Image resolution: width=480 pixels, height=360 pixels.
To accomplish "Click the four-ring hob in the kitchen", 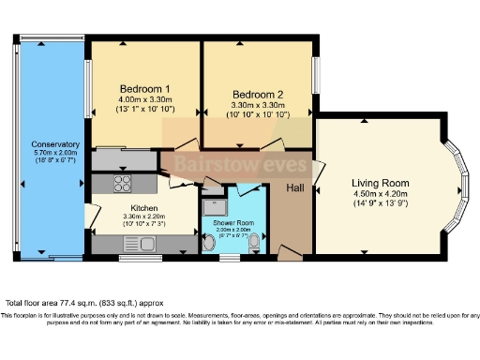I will [123, 182].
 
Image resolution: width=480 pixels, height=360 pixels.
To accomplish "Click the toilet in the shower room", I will [210, 244].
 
